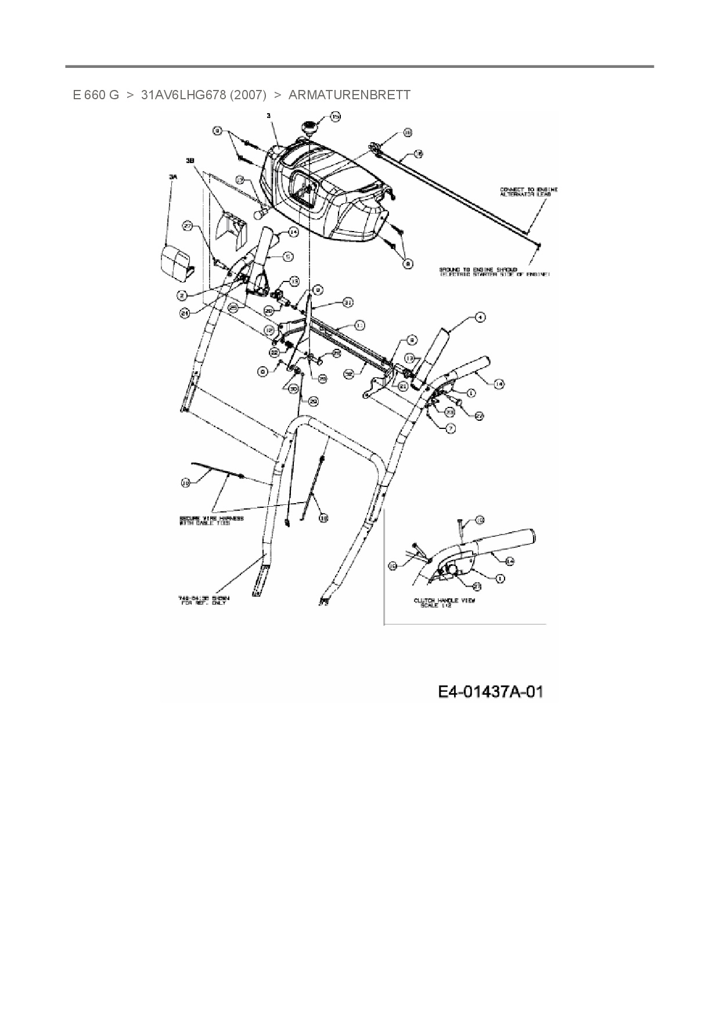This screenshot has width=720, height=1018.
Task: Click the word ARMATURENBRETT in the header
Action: (x=349, y=95)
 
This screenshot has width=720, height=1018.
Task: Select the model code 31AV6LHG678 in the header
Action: (x=183, y=95)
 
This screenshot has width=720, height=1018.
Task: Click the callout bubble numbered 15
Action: (x=336, y=117)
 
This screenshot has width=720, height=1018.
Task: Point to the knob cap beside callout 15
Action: (x=307, y=127)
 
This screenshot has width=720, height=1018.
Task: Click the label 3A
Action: (x=172, y=180)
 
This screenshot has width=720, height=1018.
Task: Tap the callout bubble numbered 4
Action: (x=480, y=317)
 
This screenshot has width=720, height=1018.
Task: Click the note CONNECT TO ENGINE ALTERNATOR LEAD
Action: (x=528, y=192)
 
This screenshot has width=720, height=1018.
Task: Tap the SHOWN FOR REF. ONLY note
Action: (x=204, y=600)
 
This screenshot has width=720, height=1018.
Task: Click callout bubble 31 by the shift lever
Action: (x=348, y=302)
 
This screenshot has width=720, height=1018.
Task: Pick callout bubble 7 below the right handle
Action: (x=451, y=428)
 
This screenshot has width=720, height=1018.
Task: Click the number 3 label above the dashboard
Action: (x=268, y=116)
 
